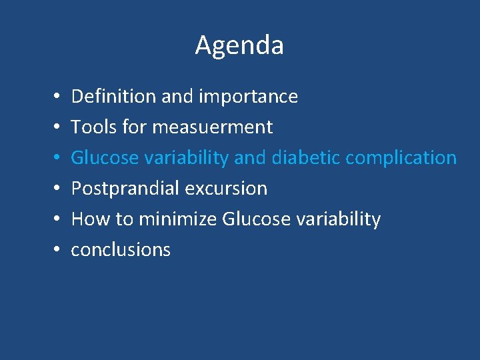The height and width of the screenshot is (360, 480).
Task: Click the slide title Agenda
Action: (x=239, y=45)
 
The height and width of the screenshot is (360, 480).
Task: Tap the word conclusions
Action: (x=121, y=249)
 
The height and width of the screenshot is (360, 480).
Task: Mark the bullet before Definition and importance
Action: (x=52, y=97)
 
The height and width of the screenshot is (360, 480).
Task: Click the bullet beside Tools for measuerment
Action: (x=52, y=127)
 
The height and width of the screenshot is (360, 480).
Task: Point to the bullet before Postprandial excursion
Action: (x=52, y=189)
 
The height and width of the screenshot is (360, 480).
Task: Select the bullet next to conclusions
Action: (x=52, y=250)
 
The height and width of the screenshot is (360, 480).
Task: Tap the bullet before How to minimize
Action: (x=52, y=219)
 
